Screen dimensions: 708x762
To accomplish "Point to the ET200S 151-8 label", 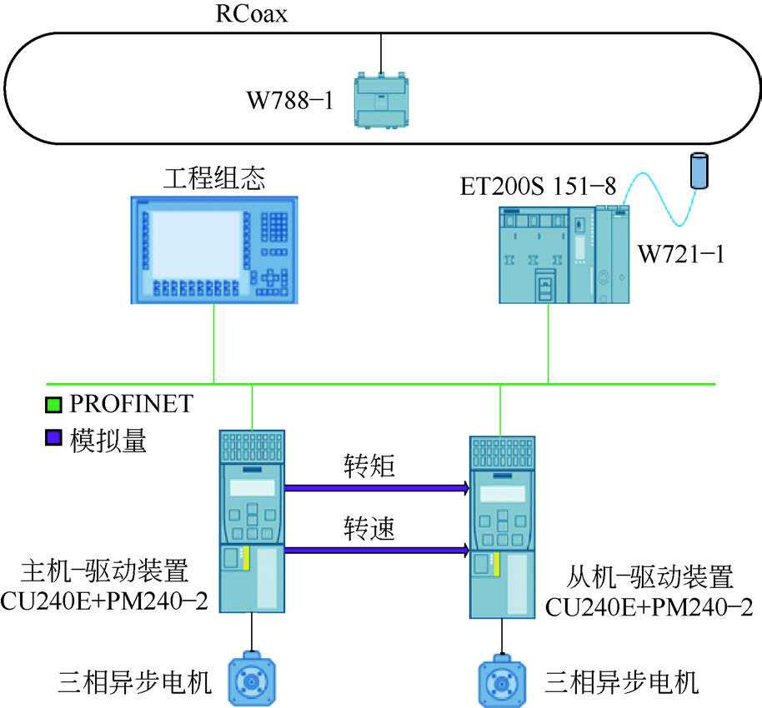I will click(x=539, y=187).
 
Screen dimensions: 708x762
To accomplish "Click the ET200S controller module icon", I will click(x=562, y=254).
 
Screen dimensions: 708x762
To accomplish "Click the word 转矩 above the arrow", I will click(x=369, y=465).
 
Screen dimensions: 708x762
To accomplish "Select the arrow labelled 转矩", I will click(x=376, y=488).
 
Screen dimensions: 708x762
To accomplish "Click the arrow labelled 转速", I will click(x=376, y=549).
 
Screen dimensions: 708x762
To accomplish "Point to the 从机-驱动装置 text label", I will click(x=649, y=576).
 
